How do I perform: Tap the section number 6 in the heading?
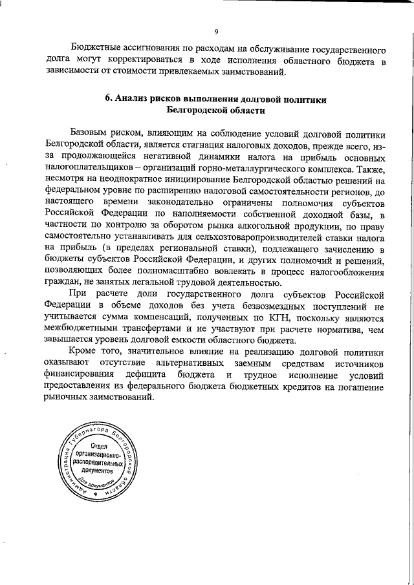tap(109, 100)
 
